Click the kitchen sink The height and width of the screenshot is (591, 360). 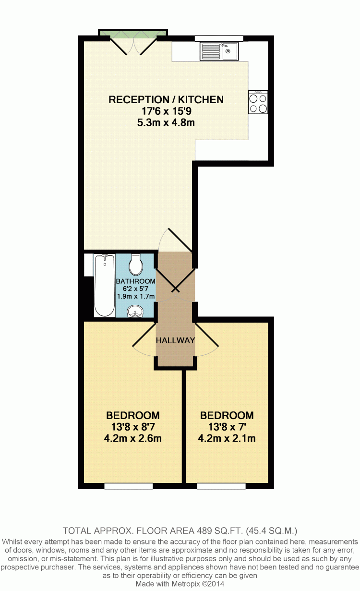tap(219, 51)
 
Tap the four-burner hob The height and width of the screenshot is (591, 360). tap(258, 102)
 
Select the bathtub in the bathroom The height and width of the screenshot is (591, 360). tap(105, 285)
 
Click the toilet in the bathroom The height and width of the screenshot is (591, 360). tap(135, 265)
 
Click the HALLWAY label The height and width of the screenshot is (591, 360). tap(175, 340)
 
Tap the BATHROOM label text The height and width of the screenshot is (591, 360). tap(135, 281)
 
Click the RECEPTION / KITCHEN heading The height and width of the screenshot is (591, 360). tap(166, 99)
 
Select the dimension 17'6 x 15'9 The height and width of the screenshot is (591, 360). tap(167, 111)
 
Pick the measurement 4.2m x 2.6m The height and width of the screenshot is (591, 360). tap(132, 438)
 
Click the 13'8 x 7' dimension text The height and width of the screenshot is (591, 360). tap(227, 427)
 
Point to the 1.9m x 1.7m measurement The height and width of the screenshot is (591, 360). tap(136, 296)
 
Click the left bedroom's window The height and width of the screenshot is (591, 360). tap(129, 486)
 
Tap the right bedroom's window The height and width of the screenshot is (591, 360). tap(221, 486)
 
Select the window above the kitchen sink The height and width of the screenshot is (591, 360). tap(219, 38)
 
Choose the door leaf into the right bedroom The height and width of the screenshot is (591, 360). tap(206, 334)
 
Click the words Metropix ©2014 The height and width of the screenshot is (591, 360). tap(198, 584)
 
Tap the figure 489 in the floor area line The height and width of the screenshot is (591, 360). tap(204, 531)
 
